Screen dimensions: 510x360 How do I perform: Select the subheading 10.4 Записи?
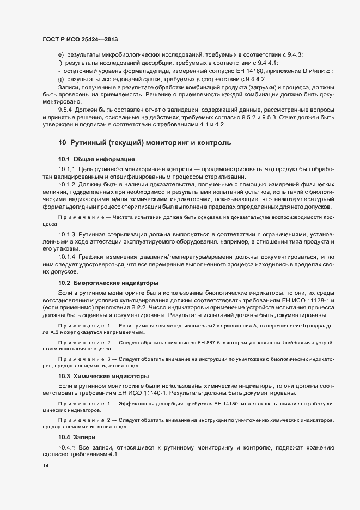[x=77, y=438]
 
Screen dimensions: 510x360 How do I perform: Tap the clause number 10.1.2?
[x=68, y=185]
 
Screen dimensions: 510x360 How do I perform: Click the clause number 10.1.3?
[x=68, y=234]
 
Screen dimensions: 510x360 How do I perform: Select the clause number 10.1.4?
[x=68, y=257]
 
